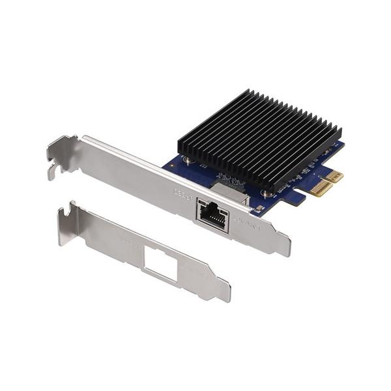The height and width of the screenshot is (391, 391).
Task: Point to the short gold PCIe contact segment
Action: tap(334, 176)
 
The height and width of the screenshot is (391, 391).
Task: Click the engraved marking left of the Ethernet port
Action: tap(182, 194)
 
